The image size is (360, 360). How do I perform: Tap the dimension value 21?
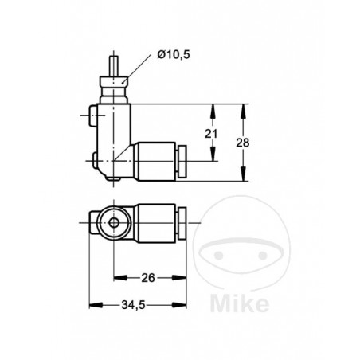click(211, 135)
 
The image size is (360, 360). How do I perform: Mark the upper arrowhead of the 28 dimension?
click(241, 109)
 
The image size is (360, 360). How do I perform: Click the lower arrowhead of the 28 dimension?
click(241, 180)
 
